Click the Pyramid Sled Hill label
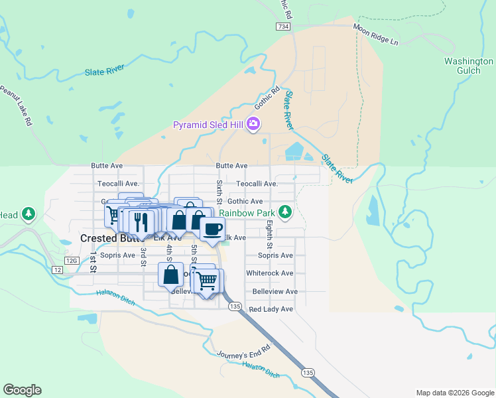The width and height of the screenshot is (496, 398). pos(208,124)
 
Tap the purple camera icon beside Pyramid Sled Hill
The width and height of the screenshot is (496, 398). pos(253,124)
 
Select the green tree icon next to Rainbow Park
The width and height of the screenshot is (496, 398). pos(285,212)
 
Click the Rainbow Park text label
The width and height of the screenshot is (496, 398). pos(247,213)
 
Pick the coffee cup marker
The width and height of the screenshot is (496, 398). pos(212,230)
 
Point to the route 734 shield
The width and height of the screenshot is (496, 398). pos(284,26)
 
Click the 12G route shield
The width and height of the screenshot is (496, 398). pos(73,261)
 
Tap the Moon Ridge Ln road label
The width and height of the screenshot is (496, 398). pos(375,34)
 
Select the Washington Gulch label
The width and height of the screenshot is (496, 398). pos(468,66)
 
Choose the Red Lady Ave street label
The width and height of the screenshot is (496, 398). pos(270,309)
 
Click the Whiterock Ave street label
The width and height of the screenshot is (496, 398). pos(269,273)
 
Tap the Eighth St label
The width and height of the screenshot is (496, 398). pos(269,236)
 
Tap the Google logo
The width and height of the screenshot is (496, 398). pos(22,390)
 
